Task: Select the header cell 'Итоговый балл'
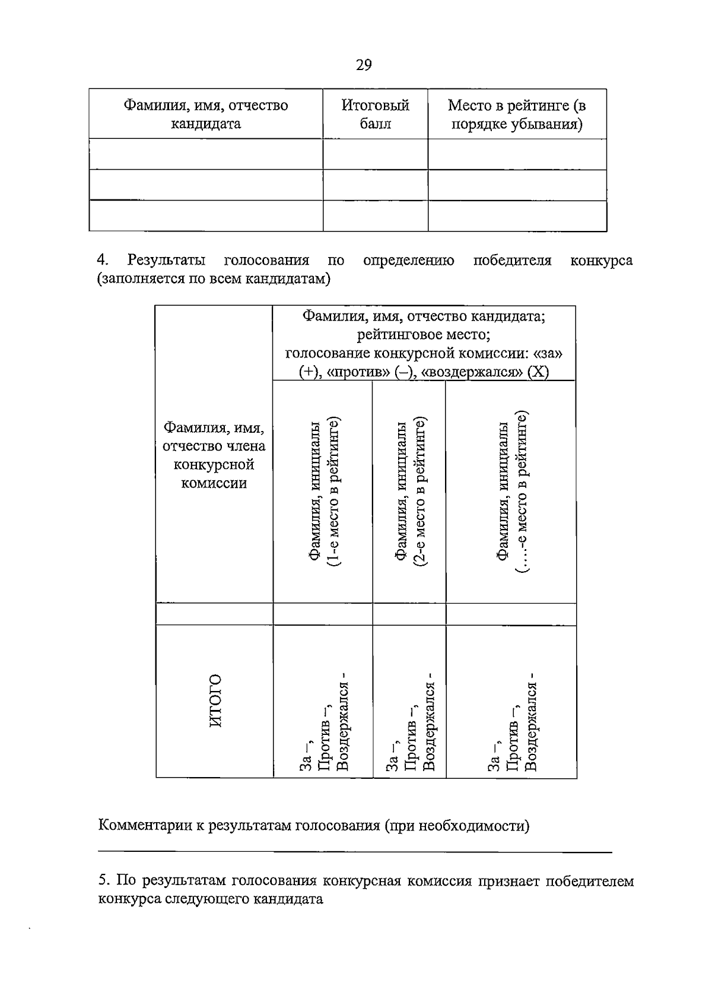375,114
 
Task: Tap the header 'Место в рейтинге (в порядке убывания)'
516,114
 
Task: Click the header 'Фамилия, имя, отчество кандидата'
205,114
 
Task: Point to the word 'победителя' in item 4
512,261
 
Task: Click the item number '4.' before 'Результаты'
104,261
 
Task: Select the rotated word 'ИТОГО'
215,700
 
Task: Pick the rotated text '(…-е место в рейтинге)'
522,492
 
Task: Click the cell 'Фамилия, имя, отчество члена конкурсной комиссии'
214,455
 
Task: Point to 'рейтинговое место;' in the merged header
424,335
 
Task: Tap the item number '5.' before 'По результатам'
104,880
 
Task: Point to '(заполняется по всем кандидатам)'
214,279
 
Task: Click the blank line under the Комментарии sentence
355,852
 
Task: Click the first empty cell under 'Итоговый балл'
375,154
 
